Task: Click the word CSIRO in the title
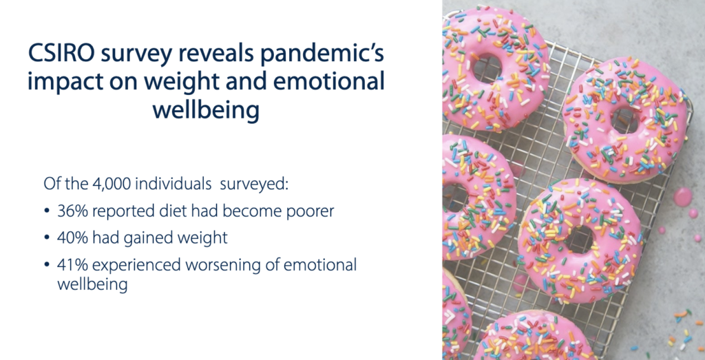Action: click(x=61, y=54)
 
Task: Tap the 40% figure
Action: click(x=73, y=237)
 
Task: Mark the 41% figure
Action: click(x=72, y=265)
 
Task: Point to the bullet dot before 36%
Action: click(x=47, y=211)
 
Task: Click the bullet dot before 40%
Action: click(x=47, y=237)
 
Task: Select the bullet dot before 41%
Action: click(x=47, y=265)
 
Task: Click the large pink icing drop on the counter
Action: click(x=683, y=197)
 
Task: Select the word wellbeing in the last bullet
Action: click(x=92, y=285)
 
